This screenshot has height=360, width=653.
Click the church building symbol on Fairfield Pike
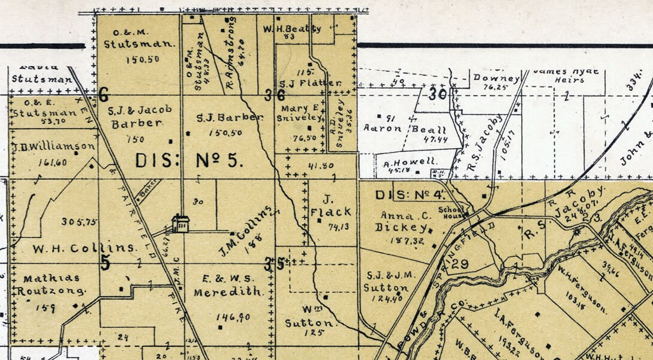click(179, 224)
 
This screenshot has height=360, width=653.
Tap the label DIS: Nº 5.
click(189, 160)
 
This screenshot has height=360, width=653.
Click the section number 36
click(274, 95)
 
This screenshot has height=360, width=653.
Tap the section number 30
click(438, 94)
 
